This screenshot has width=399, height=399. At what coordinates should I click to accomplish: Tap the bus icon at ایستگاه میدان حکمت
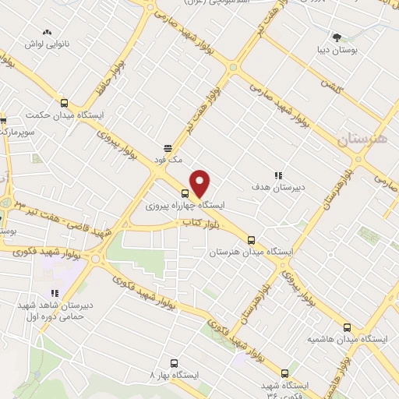pos(64,104)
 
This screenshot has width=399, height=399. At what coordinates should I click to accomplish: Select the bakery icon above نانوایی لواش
pos(47,32)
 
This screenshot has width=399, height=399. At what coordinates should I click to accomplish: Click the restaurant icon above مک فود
pos(166,147)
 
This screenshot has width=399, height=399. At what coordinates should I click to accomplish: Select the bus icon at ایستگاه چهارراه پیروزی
pos(185,193)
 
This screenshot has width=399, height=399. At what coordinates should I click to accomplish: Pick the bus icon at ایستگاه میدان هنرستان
pos(250,241)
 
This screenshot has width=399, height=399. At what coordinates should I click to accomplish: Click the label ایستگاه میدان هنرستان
pos(251,252)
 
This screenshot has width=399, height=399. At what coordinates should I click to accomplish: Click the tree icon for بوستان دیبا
pos(337,37)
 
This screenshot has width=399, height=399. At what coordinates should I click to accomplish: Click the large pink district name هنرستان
pos(362,139)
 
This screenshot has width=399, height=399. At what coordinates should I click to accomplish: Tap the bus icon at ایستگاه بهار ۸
pos(174,362)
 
